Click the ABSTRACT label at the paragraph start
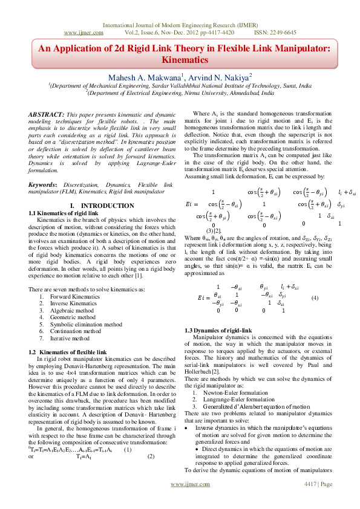pos(47,114)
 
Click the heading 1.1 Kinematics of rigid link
pos(63,213)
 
